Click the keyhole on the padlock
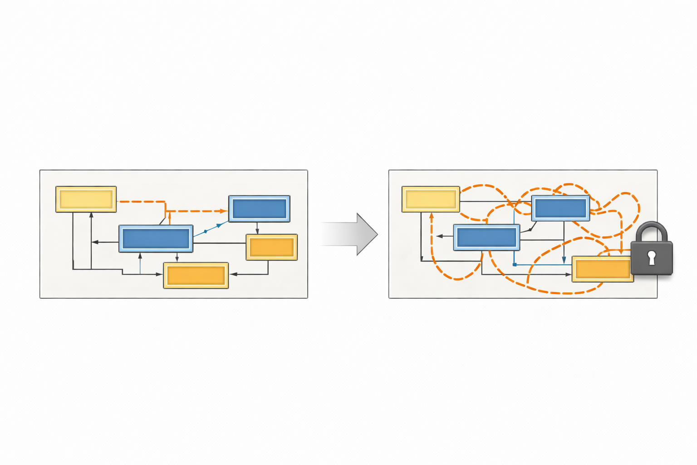pos(652,257)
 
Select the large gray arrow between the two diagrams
pos(349,234)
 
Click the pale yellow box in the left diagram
pos(86,199)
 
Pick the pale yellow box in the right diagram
pos(431,199)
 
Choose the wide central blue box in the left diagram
pos(156,238)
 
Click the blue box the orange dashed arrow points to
pos(259,209)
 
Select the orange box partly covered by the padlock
pos(602,269)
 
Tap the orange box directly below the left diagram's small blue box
pos(271,247)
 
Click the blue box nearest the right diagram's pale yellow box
pos(486,237)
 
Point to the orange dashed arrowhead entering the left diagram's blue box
pos(224,211)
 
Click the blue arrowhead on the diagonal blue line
pos(219,225)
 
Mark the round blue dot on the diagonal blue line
pos(206,232)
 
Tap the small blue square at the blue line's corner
pos(515,264)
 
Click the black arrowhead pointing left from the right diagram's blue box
pos(439,236)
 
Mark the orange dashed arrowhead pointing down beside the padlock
pos(620,252)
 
